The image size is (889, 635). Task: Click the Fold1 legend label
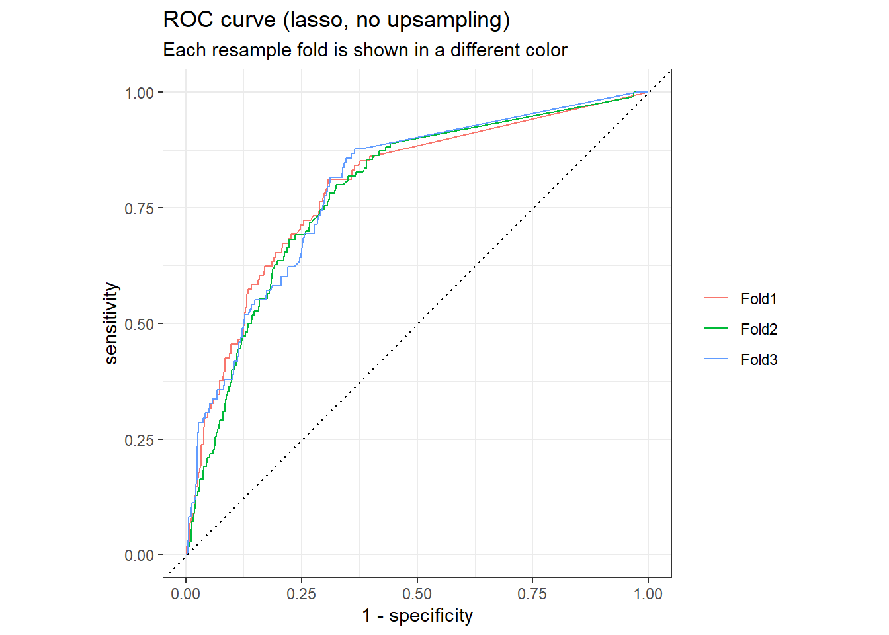[758, 299]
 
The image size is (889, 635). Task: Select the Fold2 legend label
[758, 329]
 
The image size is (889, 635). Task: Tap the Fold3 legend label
[758, 360]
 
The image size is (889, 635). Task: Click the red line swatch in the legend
[716, 299]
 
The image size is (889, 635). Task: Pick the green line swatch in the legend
[716, 329]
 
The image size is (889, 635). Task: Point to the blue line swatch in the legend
[716, 360]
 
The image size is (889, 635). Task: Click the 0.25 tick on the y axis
[140, 440]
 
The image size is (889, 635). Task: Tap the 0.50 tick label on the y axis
[140, 324]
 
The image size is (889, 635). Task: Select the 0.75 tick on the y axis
[140, 209]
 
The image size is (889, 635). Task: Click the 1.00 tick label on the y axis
[140, 93]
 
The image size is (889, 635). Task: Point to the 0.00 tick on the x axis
[186, 594]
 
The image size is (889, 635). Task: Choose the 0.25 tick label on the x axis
[302, 594]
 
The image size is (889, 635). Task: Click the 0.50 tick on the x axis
[417, 594]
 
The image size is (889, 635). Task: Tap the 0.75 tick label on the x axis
[532, 594]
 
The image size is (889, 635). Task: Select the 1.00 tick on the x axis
[648, 594]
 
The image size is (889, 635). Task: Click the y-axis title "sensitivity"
[111, 323]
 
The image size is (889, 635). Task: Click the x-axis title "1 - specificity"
[417, 616]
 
